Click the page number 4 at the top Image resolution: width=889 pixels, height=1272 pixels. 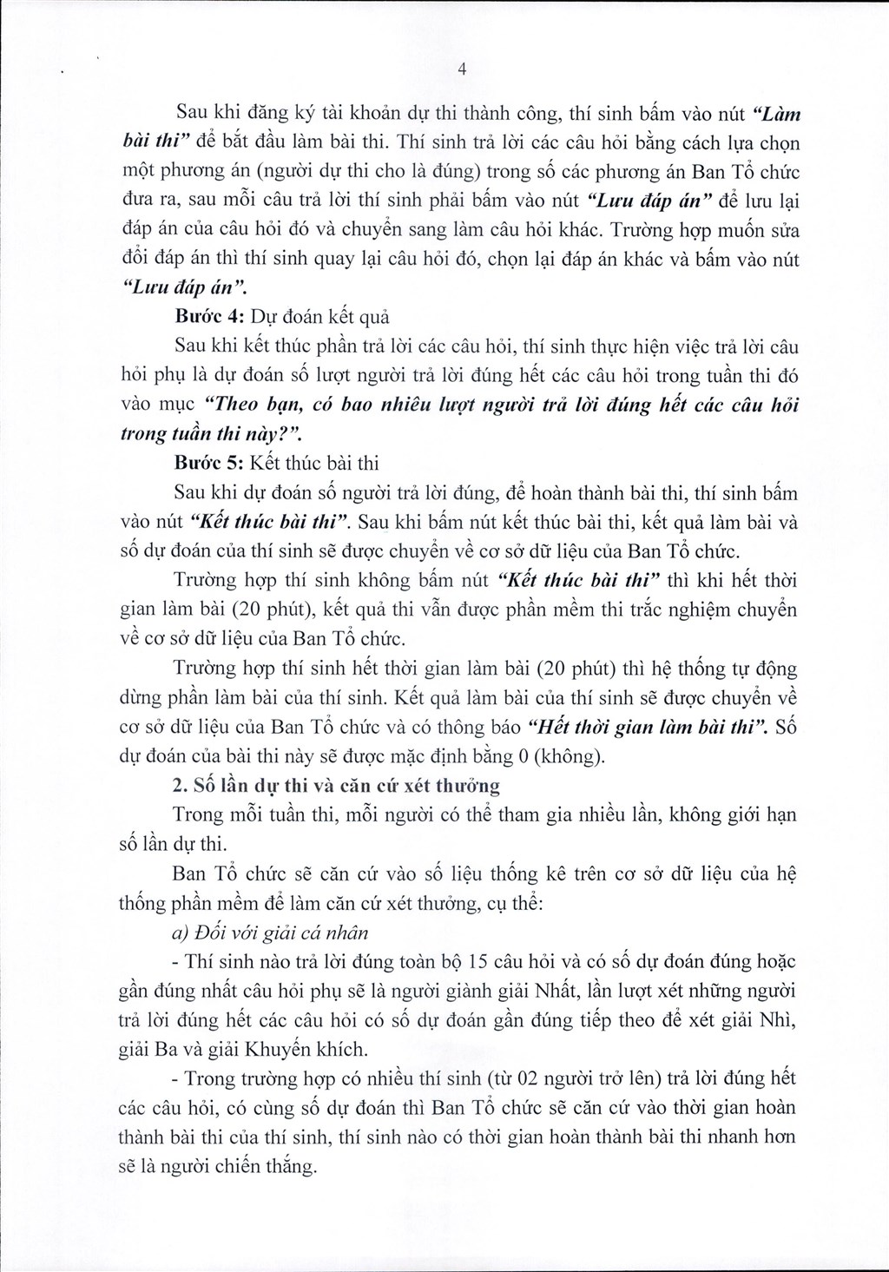click(x=463, y=72)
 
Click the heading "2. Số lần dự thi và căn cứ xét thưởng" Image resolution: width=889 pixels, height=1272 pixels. click(x=336, y=787)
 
